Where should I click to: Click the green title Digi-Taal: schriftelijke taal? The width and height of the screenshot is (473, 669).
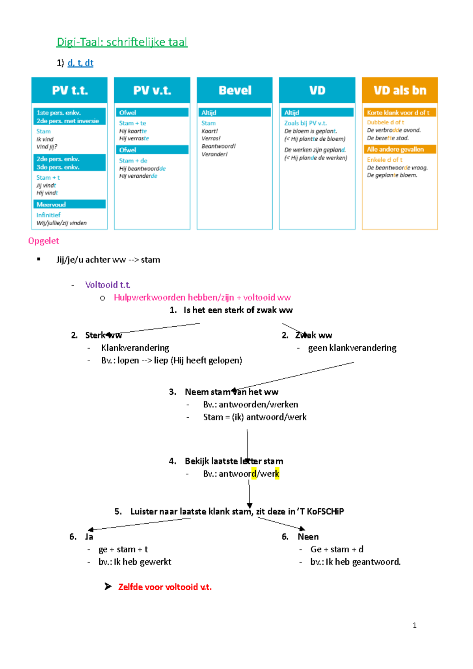122,42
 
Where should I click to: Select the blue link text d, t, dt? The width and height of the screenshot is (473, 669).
80,63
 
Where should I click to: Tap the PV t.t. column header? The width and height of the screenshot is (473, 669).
69,90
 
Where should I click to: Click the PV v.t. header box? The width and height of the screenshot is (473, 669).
152,90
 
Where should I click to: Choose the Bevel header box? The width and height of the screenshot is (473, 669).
235,90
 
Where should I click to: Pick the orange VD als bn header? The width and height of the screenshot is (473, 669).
400,90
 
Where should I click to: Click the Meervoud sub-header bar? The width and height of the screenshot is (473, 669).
69,204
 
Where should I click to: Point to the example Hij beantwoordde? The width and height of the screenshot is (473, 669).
142,169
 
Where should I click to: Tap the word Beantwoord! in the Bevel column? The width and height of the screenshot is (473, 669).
218,146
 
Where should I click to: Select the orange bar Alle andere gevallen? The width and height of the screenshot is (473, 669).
400,149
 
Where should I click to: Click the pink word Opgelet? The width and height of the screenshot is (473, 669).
43,241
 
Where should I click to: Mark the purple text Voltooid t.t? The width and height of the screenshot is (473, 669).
108,284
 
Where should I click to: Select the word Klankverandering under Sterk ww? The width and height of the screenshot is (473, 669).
135,348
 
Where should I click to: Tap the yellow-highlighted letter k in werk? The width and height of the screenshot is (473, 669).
277,474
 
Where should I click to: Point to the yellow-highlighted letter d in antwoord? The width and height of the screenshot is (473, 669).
254,474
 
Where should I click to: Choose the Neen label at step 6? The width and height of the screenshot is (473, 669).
308,537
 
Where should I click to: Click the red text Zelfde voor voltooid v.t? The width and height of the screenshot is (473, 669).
165,587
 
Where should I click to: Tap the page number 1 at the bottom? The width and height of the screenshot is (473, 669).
414,625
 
